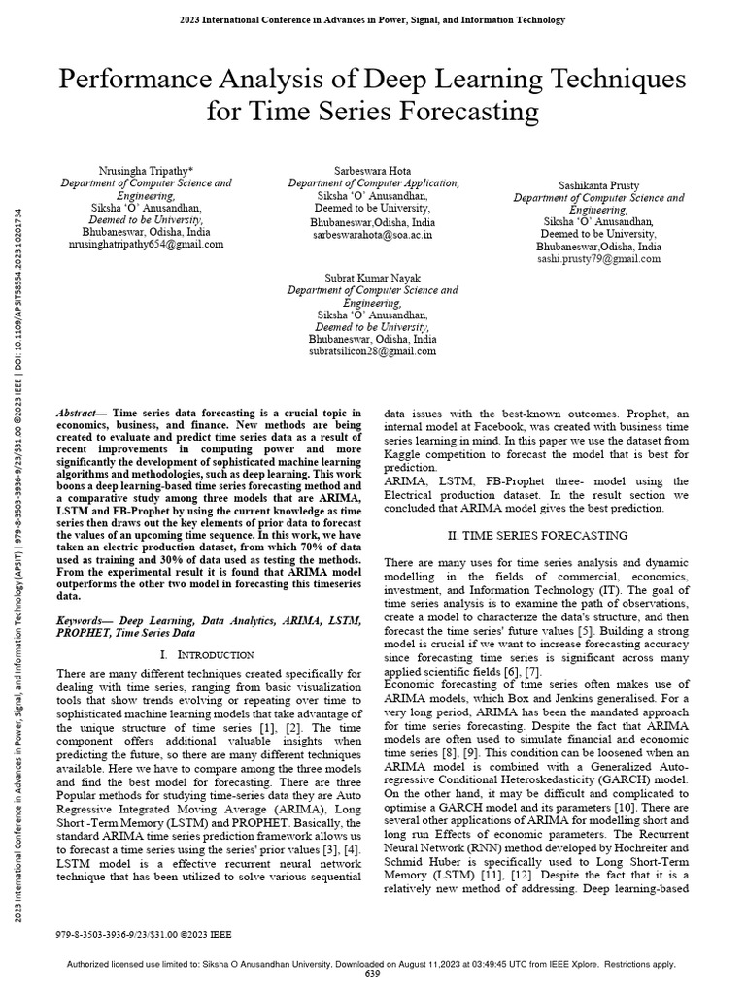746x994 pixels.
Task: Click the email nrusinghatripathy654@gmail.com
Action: [147, 245]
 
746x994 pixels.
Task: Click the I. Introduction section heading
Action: [205, 655]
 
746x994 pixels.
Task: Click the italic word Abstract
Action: [82, 413]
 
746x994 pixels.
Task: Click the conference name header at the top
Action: [373, 18]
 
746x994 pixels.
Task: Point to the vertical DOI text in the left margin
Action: [21, 291]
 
